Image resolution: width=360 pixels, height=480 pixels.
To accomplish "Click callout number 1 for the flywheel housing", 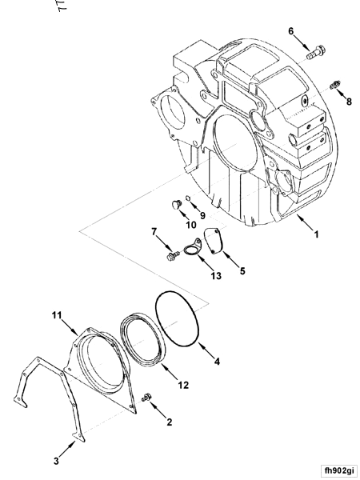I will coord(316,234).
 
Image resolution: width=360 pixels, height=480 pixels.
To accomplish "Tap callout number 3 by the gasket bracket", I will coord(56,461).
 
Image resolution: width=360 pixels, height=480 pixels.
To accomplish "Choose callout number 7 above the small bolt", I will coord(154,232).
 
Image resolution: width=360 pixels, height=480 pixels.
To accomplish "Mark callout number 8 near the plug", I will coord(348,101).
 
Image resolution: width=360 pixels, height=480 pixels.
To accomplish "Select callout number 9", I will coord(202,215).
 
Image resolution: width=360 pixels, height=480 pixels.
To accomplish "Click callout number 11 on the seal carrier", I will coord(57,317).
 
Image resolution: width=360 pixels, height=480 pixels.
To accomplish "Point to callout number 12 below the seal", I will coord(182,385).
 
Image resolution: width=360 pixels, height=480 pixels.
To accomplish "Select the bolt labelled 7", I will coord(172,256).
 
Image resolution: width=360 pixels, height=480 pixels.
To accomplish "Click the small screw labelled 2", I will coord(146,398).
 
